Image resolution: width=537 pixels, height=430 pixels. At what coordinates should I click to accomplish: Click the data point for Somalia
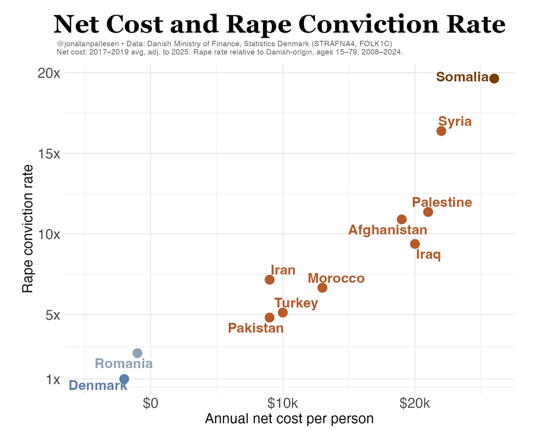click(494, 78)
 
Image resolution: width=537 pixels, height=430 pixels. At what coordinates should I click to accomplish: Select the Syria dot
click(441, 131)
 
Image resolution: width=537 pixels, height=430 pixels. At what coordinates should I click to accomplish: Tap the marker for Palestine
click(428, 212)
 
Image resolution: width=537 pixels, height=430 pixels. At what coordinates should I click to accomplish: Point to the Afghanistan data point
click(402, 219)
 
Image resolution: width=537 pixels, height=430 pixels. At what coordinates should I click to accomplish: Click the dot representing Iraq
click(415, 244)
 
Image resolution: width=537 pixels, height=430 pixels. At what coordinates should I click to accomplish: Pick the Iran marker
click(269, 279)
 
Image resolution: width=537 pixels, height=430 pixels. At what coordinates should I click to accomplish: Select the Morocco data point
click(322, 288)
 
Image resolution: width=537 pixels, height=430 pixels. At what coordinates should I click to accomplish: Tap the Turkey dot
click(283, 312)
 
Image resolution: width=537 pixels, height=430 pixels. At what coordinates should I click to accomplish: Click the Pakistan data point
click(269, 317)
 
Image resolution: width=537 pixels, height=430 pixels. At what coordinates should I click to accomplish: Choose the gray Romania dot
click(137, 353)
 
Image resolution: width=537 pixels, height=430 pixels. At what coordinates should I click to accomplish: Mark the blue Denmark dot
click(124, 379)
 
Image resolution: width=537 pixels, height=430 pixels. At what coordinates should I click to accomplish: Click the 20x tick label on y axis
click(48, 73)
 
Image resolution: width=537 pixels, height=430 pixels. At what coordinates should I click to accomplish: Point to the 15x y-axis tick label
click(48, 154)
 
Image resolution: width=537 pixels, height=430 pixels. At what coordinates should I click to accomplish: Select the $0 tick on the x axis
click(151, 403)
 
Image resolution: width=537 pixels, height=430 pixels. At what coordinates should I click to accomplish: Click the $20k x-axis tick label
click(415, 403)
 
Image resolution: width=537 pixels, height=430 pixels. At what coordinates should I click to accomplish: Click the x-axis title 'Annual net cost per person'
click(289, 418)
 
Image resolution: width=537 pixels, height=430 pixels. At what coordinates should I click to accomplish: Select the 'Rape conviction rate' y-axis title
click(28, 228)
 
